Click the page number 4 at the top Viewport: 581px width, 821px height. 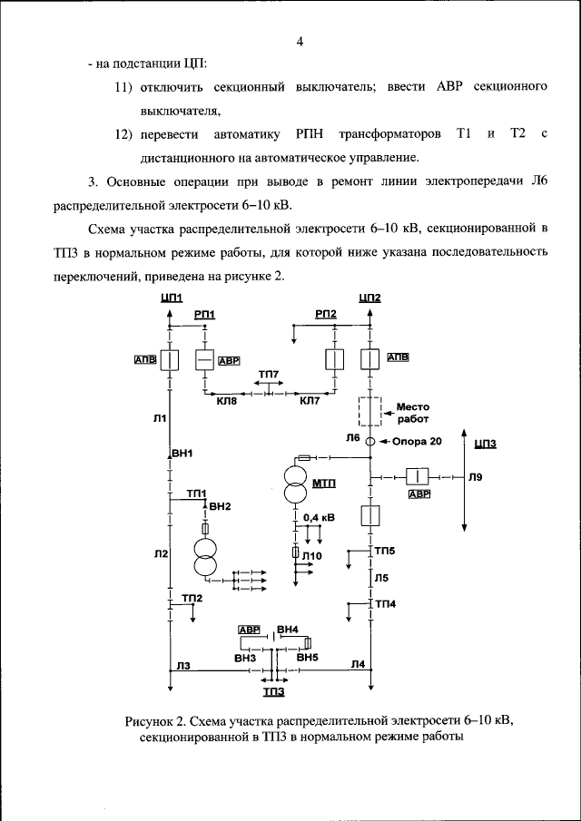pos(300,42)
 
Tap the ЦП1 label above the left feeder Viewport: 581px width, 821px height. pos(171,298)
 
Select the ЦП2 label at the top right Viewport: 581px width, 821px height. pos(370,298)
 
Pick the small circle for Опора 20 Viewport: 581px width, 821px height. pos(370,441)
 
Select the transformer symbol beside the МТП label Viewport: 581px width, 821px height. pos(295,484)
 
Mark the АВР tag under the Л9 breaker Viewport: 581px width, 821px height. pos(419,494)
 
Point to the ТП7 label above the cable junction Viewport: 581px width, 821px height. pos(269,375)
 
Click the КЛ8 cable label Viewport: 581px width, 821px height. pos(226,400)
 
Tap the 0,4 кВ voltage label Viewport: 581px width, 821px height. pos(318,517)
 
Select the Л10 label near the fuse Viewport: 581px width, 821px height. pos(313,555)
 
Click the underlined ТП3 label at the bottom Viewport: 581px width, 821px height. pos(273,692)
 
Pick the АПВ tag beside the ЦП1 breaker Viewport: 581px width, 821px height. pos(145,359)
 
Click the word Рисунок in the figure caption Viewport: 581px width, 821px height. pos(152,721)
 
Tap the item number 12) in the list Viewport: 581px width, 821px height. pos(123,134)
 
